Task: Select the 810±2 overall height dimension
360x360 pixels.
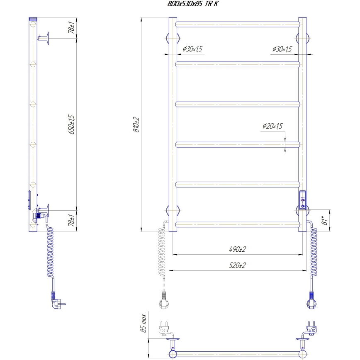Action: point(136,124)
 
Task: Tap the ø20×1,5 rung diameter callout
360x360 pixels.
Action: point(272,126)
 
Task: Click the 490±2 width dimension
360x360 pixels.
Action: point(237,249)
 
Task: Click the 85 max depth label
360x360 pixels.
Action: point(144,324)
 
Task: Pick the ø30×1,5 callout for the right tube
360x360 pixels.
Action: point(282,49)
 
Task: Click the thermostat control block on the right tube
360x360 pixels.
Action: point(303,199)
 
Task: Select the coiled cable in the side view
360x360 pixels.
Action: point(50,253)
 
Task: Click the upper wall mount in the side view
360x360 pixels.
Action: point(45,39)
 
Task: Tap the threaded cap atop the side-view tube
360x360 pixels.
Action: point(33,19)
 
